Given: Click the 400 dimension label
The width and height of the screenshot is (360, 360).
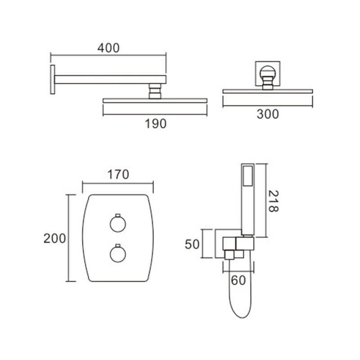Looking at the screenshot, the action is (x=108, y=48).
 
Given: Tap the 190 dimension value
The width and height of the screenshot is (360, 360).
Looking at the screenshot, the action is (x=155, y=124).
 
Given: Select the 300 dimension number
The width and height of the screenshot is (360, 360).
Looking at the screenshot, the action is (x=268, y=114).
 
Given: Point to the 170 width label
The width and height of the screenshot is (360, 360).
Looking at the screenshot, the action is (x=118, y=175).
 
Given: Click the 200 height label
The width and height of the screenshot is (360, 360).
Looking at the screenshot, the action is (x=54, y=238).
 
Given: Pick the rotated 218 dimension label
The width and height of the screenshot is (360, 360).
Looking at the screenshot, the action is (x=273, y=201).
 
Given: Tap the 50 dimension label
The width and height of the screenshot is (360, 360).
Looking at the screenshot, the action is (x=192, y=244).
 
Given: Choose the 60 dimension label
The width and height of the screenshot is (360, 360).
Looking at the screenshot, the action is (x=238, y=280).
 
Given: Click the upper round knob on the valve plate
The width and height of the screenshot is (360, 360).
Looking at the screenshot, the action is (x=118, y=224).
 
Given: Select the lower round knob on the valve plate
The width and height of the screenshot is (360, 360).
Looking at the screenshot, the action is (x=118, y=254).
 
